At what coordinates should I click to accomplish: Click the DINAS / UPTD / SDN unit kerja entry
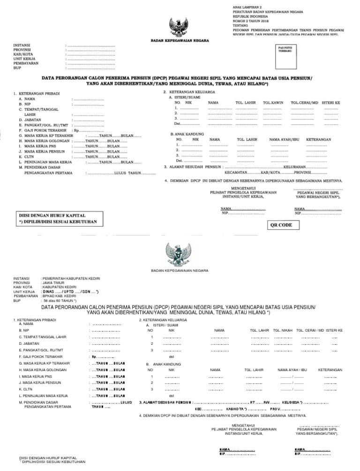tap(70, 292)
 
